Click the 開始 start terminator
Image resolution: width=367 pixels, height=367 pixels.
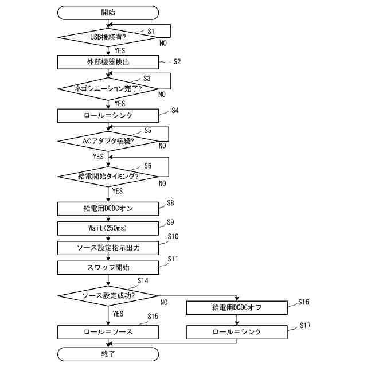pyautogui.click(x=108, y=12)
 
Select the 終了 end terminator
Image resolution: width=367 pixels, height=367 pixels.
pyautogui.click(x=108, y=353)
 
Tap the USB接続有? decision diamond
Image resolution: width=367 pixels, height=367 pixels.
pyautogui.click(x=108, y=37)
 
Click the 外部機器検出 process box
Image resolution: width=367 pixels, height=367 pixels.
pyautogui.click(x=108, y=62)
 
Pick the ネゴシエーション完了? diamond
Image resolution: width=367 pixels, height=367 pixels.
pyautogui.click(x=108, y=89)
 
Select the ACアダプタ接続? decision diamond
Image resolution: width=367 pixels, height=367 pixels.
pyautogui.click(x=108, y=140)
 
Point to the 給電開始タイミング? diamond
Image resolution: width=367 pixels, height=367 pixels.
pyautogui.click(x=108, y=176)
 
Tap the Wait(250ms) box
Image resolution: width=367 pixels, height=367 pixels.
pyautogui.click(x=108, y=228)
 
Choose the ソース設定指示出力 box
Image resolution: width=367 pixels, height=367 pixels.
pyautogui.click(x=108, y=248)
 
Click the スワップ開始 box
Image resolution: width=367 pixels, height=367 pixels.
pyautogui.click(x=108, y=267)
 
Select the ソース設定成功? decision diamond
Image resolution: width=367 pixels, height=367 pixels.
pyautogui.click(x=108, y=296)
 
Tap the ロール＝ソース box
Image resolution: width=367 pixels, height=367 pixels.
pyautogui.click(x=108, y=332)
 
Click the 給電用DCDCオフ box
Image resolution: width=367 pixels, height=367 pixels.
pyautogui.click(x=237, y=309)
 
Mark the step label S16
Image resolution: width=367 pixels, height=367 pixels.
pyautogui.click(x=304, y=301)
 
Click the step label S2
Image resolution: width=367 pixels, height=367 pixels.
pyautogui.click(x=177, y=61)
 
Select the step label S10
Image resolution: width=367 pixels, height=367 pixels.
pyautogui.click(x=173, y=236)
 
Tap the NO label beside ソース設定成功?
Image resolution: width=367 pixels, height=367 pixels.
pyautogui.click(x=164, y=302)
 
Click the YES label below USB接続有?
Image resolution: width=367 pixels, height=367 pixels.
pyautogui.click(x=120, y=50)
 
